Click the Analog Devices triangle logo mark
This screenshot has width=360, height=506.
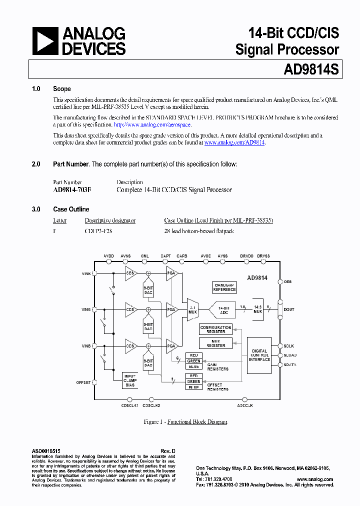pos(45,41)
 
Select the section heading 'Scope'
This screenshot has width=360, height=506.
pos(62,89)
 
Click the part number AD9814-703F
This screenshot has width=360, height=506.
pos(72,190)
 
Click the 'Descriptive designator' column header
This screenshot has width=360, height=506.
pos(110,220)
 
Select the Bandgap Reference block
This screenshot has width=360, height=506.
pos(224,287)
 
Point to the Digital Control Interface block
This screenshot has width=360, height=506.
pos(259,355)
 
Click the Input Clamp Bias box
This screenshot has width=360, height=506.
pos(130,380)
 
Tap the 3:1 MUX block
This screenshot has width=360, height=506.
pos(192,310)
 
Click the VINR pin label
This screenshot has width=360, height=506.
pos(86,273)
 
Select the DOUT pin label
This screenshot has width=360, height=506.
pos(289,309)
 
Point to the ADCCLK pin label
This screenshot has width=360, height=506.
pos(244,405)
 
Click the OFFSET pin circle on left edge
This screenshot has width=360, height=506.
pos(95,382)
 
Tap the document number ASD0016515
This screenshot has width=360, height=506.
pos(46,451)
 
